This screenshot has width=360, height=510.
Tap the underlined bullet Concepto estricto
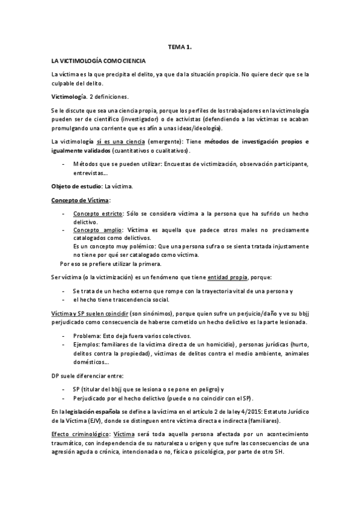click(98, 214)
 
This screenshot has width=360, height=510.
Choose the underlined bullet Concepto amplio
click(97, 230)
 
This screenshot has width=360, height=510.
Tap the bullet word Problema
click(87, 335)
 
